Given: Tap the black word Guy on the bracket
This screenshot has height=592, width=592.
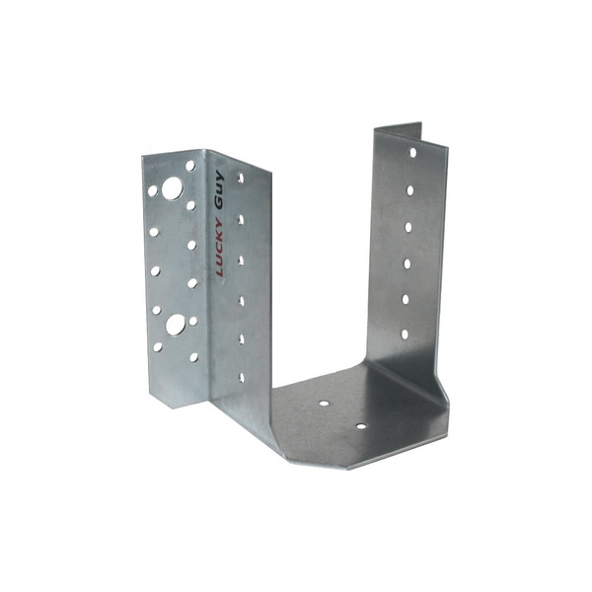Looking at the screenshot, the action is pos(219,189).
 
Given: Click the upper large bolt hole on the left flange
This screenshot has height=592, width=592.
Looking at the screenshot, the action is pos(172,188).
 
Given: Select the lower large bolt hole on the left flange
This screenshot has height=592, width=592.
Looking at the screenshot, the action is pos(176,325).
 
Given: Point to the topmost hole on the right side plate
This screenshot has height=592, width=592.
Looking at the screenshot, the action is pos(413,153).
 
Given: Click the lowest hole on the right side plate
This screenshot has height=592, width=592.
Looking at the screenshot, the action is pos(405,334).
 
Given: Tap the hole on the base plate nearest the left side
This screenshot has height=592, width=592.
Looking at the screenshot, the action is pos(324,404).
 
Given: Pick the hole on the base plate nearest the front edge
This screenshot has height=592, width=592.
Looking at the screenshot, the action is pos(361,426).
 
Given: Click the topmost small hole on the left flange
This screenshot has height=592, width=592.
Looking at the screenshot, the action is pos(190,166).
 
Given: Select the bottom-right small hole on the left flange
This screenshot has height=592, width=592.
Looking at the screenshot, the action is pos(194,357).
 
